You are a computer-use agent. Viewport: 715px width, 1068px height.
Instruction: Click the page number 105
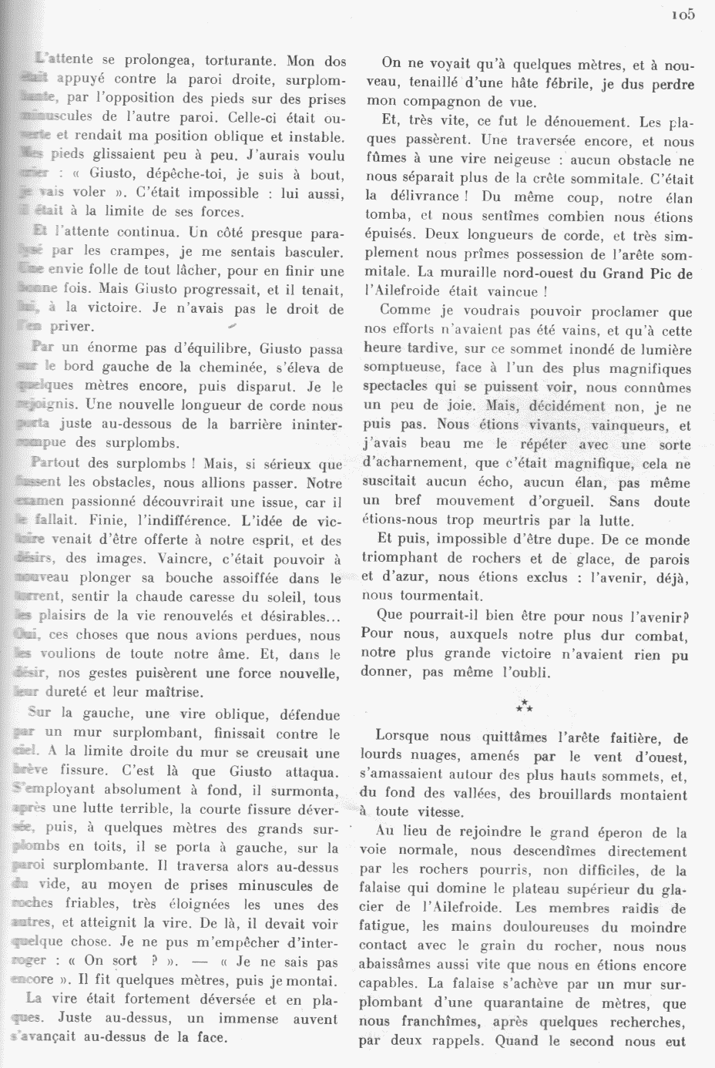[683, 13]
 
